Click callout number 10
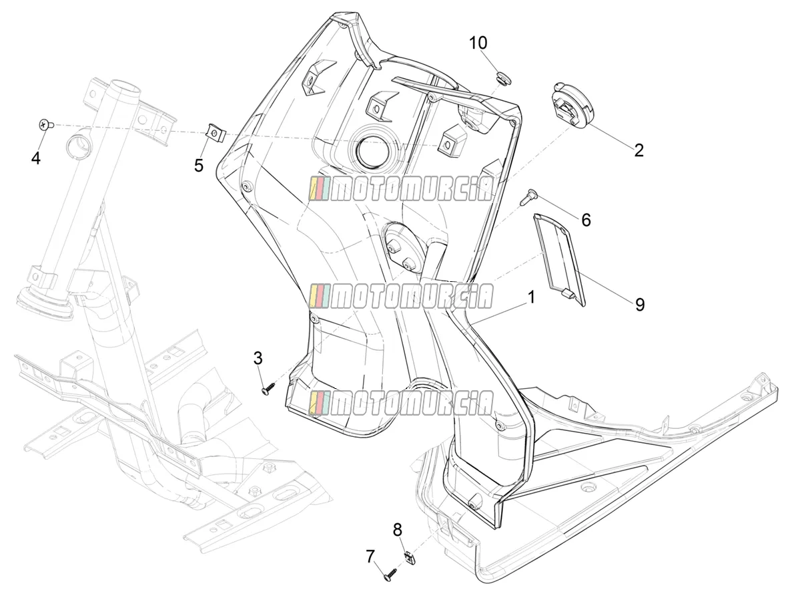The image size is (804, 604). tap(478, 43)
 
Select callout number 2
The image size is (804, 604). tap(639, 150)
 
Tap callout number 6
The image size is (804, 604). tap(586, 220)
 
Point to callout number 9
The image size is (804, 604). tap(640, 305)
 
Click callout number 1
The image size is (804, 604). tap(531, 297)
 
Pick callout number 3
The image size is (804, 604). tap(258, 358)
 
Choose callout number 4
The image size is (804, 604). tap(35, 158)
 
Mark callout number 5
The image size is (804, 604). tap(199, 166)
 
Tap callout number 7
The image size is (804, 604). tap(370, 557)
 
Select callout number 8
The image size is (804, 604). tap(398, 530)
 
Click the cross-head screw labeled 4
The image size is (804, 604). tap(47, 125)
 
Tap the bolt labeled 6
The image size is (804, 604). tap(528, 196)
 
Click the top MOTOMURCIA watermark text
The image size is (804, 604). tap(401, 188)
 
